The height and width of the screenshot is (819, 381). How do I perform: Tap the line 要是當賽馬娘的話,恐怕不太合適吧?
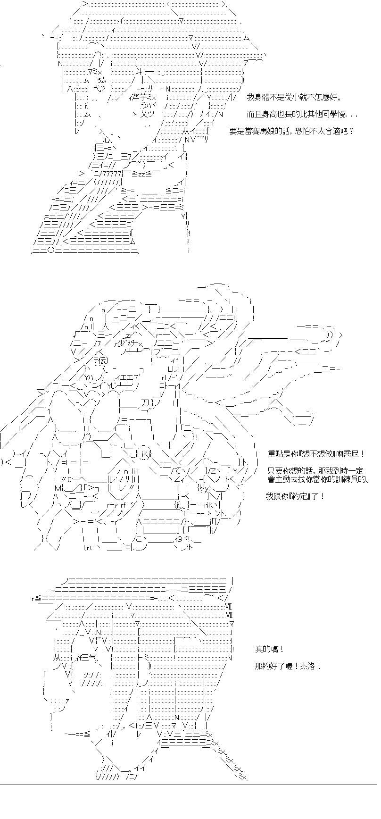(291, 132)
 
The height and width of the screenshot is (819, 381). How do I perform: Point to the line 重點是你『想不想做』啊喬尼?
(315, 453)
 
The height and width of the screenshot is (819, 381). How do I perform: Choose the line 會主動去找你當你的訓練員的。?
(317, 479)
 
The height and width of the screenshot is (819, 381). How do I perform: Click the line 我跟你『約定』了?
(295, 496)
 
